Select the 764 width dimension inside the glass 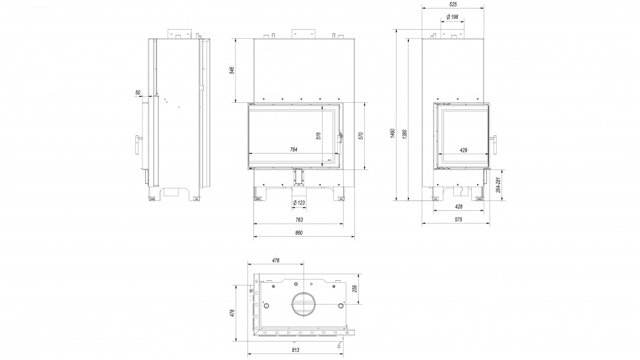(294, 150)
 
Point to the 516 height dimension (319, 136)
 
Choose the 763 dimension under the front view (298, 219)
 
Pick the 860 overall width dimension (298, 233)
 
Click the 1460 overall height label (393, 134)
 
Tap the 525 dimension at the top (453, 5)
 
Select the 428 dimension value (459, 206)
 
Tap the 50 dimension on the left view (138, 93)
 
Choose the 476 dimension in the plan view (276, 260)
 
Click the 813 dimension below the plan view (298, 351)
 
